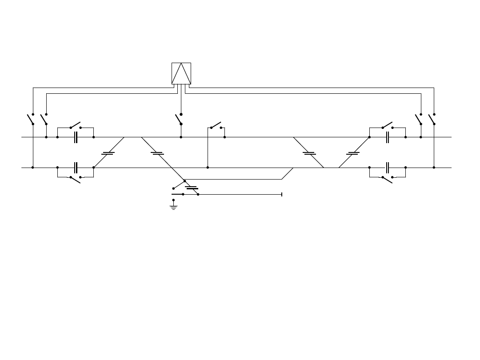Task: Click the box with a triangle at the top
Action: [x=181, y=73]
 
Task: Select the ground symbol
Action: [x=173, y=207]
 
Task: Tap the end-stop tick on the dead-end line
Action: [x=282, y=194]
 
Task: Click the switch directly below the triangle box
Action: [x=179, y=119]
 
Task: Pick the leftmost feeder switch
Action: [x=31, y=119]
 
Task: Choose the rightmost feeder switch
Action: [x=432, y=119]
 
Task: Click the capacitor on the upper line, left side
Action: [x=76, y=137]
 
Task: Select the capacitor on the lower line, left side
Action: [x=76, y=168]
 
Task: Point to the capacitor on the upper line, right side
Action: [x=388, y=137]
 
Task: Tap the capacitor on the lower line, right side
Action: [x=388, y=168]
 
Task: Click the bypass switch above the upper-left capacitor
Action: [x=76, y=125]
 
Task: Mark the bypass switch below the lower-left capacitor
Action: [x=76, y=179]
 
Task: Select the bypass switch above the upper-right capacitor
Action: [x=388, y=125]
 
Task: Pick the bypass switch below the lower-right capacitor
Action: [x=388, y=179]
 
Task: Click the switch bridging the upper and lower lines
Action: [x=216, y=125]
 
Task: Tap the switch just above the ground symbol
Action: [x=179, y=184]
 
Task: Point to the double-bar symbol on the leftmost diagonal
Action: [x=108, y=153]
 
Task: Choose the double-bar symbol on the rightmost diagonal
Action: [x=353, y=153]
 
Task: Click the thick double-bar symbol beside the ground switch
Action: [x=192, y=188]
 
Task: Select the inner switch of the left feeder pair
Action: [x=44, y=119]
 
